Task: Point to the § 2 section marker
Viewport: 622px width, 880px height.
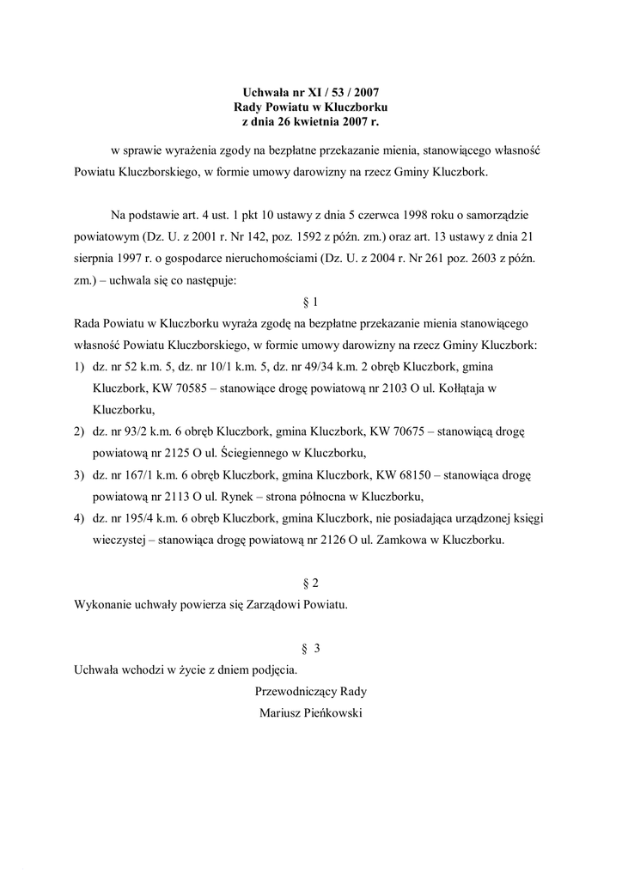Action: (311, 582)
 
